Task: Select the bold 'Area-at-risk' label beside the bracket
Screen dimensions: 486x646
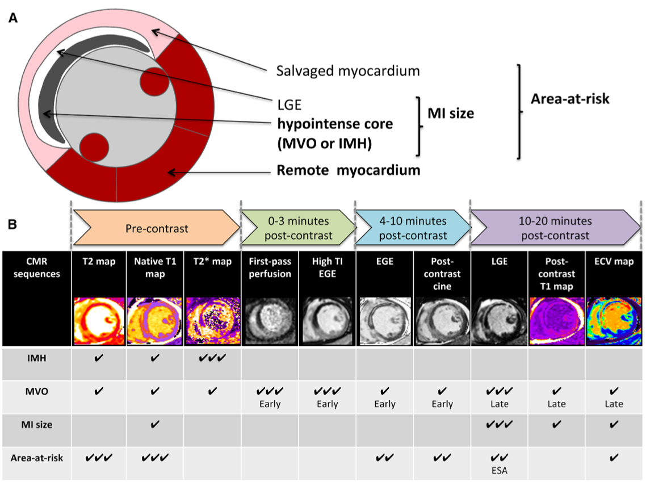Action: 570,99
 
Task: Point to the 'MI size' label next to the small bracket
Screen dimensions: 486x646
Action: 451,114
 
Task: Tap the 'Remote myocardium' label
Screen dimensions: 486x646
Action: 348,170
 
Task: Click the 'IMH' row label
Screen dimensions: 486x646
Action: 36,359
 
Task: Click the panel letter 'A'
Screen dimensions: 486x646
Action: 12,18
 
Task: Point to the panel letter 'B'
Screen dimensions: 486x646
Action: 12,225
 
